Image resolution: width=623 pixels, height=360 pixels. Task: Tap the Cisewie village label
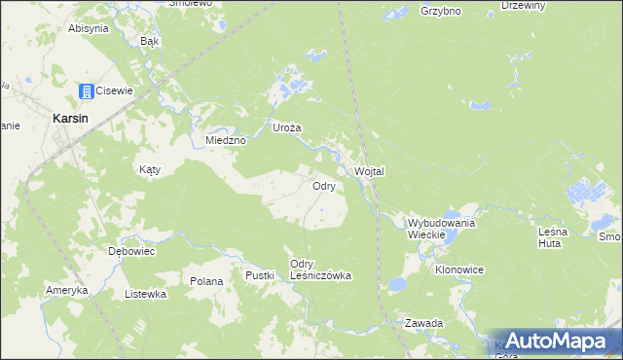pos(114,90)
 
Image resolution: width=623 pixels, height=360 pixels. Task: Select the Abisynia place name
pos(88,28)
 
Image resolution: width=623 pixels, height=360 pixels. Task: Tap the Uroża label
pos(286,127)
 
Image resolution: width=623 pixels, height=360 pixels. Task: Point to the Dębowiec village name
pos(131,250)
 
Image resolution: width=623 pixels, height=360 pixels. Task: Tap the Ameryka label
pos(67,290)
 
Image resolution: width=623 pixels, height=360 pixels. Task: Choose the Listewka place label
pos(146,293)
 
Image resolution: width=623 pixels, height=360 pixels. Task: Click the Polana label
pos(206,281)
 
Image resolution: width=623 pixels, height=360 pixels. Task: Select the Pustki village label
pos(260,275)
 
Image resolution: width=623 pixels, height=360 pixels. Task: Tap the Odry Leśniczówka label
pos(320,270)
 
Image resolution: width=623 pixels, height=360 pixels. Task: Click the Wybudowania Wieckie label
pos(441,229)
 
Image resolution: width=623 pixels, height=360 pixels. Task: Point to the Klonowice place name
pos(459,269)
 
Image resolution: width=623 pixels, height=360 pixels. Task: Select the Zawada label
pos(424,323)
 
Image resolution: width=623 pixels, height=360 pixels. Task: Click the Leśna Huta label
pos(560,238)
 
